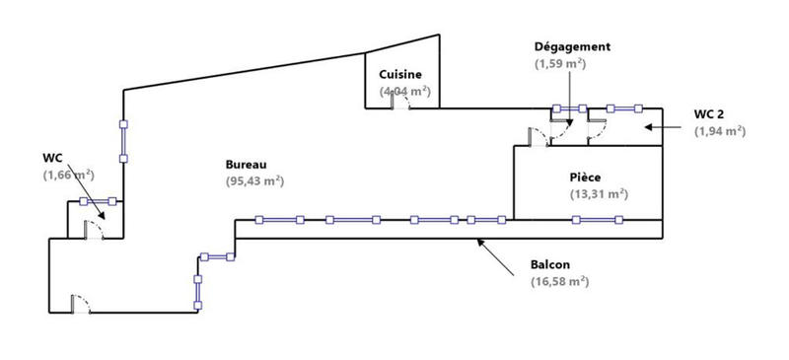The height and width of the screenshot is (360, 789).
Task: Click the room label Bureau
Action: [247, 164]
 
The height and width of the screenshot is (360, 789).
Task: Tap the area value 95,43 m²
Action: [254, 180]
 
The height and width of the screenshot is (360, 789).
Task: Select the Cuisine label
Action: [401, 74]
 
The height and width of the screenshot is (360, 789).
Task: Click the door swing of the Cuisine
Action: [400, 103]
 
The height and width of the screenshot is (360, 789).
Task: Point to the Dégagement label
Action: [572, 46]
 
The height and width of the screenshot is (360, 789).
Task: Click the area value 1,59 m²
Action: [560, 63]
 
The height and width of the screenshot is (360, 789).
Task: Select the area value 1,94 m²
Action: [719, 130]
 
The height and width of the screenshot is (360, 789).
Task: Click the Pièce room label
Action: [586, 177]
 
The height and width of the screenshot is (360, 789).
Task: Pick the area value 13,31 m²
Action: [599, 193]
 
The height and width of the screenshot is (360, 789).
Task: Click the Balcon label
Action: [550, 264]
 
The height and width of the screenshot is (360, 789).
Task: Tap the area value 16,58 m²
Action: [559, 281]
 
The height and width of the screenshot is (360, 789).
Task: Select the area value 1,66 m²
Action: [68, 175]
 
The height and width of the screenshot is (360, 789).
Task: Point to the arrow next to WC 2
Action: [662, 127]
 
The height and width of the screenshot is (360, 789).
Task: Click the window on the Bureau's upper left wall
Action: [123, 140]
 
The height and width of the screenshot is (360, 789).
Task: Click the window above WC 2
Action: [624, 108]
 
